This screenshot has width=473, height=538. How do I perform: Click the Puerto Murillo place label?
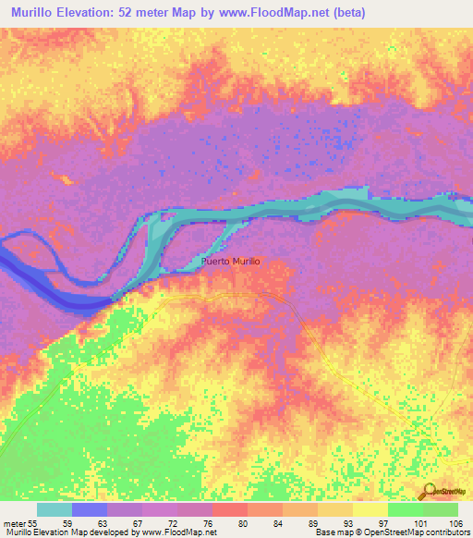231,263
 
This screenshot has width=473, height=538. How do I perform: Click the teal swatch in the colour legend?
55,509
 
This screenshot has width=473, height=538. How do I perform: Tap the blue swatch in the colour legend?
90,509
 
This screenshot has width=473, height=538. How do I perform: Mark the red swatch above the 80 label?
229,509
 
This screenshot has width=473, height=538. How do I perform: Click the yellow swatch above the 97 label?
370,509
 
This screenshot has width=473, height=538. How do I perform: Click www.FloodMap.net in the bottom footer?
172,532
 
